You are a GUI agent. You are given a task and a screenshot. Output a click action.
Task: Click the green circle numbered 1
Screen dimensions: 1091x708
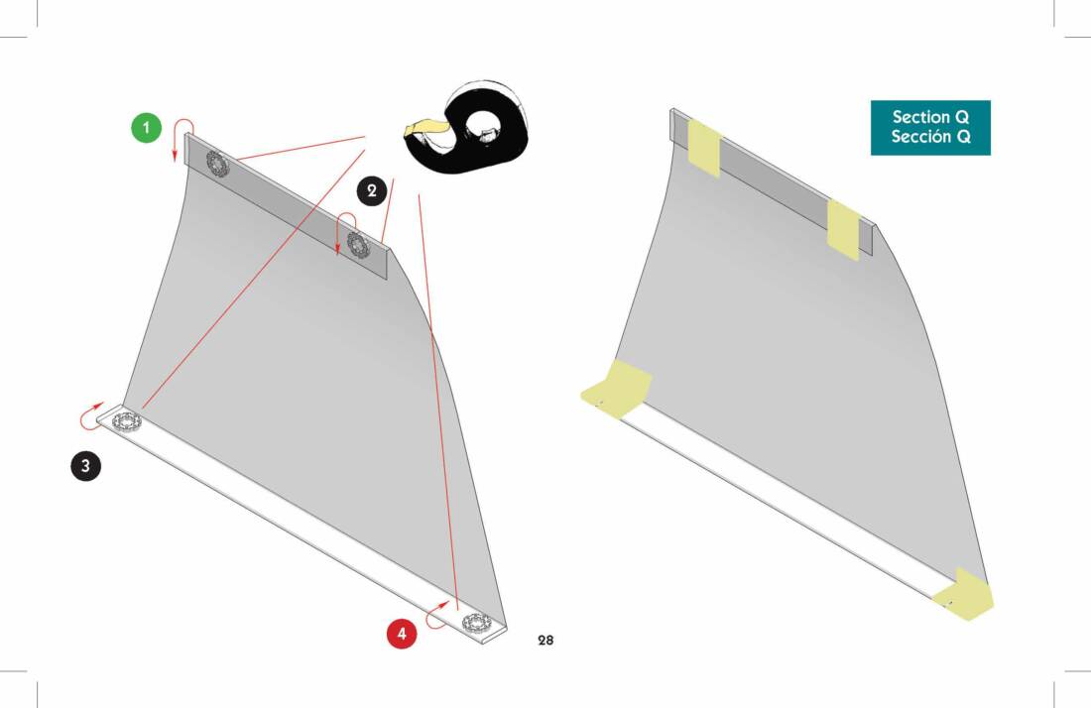pos(146,127)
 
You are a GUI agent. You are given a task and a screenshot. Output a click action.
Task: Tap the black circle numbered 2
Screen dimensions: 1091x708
pos(372,190)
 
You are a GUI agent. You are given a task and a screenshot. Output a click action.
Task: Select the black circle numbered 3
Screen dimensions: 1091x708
pos(85,465)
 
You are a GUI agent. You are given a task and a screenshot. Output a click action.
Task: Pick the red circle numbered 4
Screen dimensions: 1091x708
pos(402,634)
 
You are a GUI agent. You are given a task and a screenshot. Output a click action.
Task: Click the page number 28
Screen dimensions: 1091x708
pos(545,640)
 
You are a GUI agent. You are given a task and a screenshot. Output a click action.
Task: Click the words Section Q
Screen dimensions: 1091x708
pos(930,117)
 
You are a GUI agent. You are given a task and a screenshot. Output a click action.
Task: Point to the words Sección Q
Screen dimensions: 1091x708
pos(930,136)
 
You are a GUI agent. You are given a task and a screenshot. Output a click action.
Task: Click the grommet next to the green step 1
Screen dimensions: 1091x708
pos(217,164)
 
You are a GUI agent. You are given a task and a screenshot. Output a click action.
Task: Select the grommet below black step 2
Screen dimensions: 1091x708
pos(358,244)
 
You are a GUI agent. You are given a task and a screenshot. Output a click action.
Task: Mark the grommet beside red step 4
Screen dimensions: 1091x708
pos(477,622)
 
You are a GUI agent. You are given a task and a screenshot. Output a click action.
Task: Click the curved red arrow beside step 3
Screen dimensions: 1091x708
pos(84,418)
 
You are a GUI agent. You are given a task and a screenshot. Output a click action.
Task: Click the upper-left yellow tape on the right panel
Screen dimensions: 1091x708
pos(704,148)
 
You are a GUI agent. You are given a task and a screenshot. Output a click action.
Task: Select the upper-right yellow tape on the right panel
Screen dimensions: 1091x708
pos(844,230)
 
